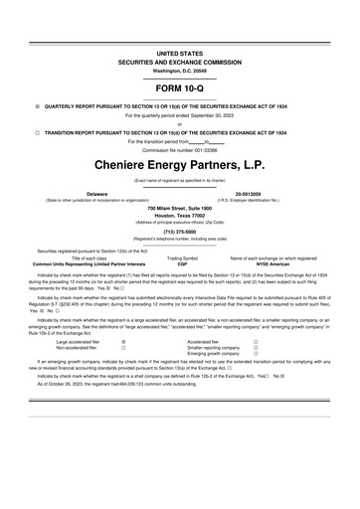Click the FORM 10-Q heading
click(x=179, y=86)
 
